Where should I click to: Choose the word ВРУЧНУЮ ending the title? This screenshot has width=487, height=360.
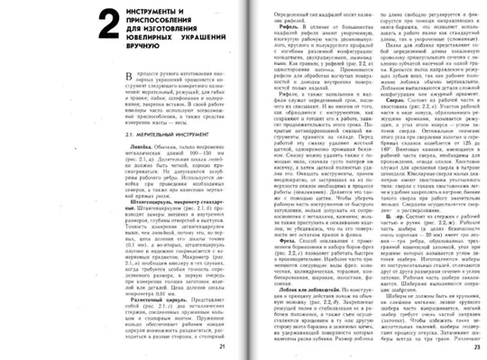coord(123,54)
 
